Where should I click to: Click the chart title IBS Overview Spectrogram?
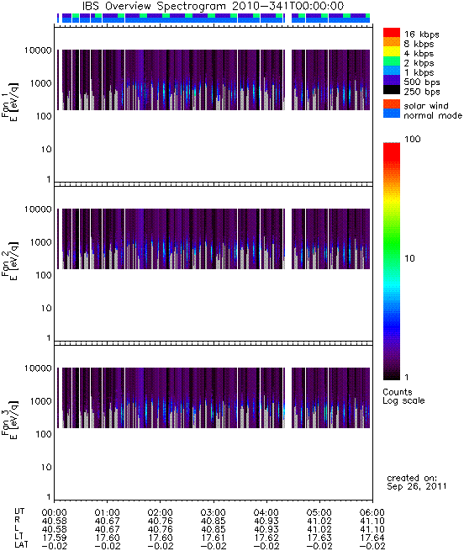pyautogui.click(x=154, y=6)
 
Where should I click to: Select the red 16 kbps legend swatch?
pyautogui.click(x=392, y=32)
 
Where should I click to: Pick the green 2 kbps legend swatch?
pyautogui.click(x=392, y=61)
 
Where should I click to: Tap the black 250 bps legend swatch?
pyautogui.click(x=392, y=90)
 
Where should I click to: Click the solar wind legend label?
pyautogui.click(x=426, y=106)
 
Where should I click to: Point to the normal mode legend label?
pyautogui.click(x=433, y=115)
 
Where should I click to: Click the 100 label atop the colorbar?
pyautogui.click(x=413, y=139)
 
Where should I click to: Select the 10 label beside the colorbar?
pyautogui.click(x=410, y=258)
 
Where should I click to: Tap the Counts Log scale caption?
pyautogui.click(x=403, y=396)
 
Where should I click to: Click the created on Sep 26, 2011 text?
pyautogui.click(x=417, y=482)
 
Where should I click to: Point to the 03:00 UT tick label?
pyautogui.click(x=213, y=512)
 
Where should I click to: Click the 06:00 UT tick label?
pyautogui.click(x=372, y=512)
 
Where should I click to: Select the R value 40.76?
pyautogui.click(x=161, y=521)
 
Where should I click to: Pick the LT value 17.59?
pyautogui.click(x=55, y=538)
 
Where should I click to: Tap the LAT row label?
pyautogui.click(x=21, y=546)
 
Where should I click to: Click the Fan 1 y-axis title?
pyautogui.click(x=10, y=102)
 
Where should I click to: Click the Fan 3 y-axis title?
pyautogui.click(x=10, y=420)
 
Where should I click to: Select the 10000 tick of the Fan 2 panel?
pyautogui.click(x=38, y=209)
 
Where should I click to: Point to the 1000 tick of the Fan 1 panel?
pyautogui.click(x=40, y=83)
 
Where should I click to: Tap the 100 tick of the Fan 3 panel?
pyautogui.click(x=44, y=434)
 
